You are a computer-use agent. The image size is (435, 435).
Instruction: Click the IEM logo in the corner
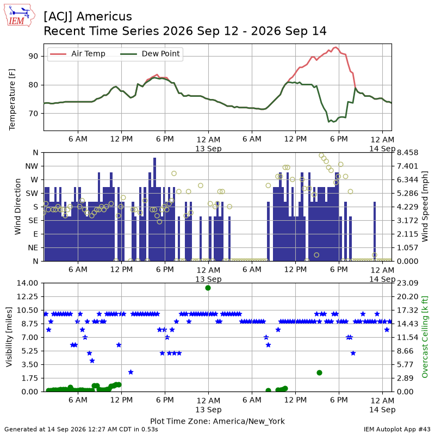[x=20, y=16]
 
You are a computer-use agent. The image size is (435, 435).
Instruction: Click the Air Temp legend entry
[x=78, y=53]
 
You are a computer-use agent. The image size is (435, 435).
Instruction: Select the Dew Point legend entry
[x=150, y=53]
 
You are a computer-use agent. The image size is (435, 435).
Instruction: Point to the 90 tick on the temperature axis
[x=33, y=56]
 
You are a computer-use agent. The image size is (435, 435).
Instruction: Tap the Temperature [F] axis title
[x=12, y=100]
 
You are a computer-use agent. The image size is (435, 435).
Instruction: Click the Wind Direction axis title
[x=18, y=207]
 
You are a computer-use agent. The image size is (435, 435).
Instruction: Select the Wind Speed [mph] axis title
[x=425, y=207]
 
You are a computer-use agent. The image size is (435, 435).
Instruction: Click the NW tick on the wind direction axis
[x=32, y=166]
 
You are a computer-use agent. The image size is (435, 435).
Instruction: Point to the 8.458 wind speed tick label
[x=407, y=153]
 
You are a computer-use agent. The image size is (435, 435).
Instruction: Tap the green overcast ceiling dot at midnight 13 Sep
[x=208, y=288]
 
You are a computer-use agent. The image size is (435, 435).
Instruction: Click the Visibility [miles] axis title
[x=9, y=337]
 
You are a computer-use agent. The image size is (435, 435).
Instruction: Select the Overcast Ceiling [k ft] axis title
[x=425, y=337]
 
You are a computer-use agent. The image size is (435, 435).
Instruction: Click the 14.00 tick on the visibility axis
[x=27, y=283]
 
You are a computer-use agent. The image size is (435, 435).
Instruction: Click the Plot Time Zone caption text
[x=217, y=421]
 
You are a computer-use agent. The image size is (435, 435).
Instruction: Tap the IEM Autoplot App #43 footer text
[x=397, y=430]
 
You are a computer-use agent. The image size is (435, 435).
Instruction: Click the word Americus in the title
[x=104, y=16]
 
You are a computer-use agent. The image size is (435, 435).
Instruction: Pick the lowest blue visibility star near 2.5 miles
[x=130, y=372]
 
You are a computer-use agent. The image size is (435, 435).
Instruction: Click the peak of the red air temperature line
[x=336, y=47]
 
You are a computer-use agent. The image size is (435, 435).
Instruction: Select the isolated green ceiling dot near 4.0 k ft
[x=319, y=372]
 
